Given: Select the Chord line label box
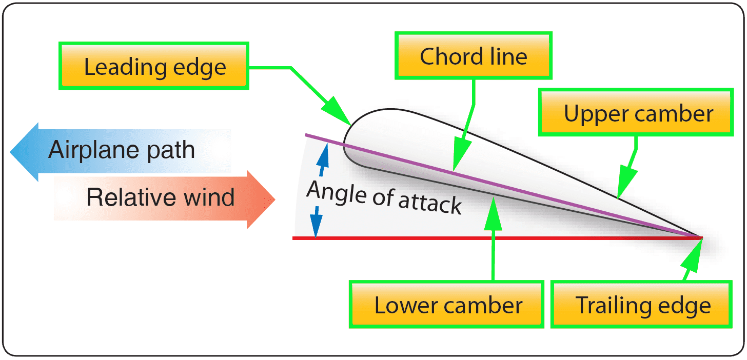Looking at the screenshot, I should (x=473, y=56).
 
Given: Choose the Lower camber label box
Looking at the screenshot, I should (x=447, y=305).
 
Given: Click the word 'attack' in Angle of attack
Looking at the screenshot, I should (x=430, y=204).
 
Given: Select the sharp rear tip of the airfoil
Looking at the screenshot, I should (x=701, y=237).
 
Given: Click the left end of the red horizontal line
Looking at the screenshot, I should (x=294, y=238).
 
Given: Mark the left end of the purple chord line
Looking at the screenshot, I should (x=306, y=135).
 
